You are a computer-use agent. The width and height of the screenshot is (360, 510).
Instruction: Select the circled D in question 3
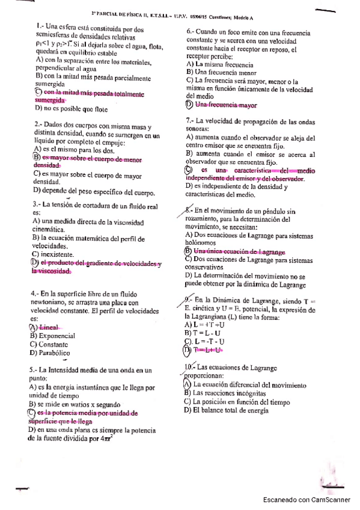35,263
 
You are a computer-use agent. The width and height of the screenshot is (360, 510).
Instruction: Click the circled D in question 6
191,105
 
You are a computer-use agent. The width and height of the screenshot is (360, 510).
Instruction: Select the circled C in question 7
189,170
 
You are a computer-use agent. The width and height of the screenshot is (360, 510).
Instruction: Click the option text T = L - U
206,333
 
